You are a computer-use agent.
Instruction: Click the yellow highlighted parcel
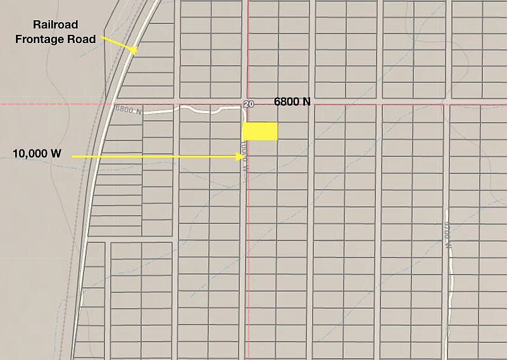pyautogui.click(x=260, y=131)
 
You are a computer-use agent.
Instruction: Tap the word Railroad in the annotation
pyautogui.click(x=55, y=25)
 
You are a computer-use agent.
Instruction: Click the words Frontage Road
pyautogui.click(x=65, y=39)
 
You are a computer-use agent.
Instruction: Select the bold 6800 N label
pyautogui.click(x=292, y=101)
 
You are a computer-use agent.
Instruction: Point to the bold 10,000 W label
pyautogui.click(x=37, y=153)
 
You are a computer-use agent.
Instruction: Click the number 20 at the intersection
pyautogui.click(x=248, y=103)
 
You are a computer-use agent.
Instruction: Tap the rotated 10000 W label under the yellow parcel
pyautogui.click(x=243, y=155)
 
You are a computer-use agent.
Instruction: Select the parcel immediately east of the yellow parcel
pyautogui.click(x=292, y=131)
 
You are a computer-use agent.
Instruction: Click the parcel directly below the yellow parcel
pyautogui.click(x=260, y=148)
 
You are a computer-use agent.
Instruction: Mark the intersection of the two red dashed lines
pyautogui.click(x=247, y=104)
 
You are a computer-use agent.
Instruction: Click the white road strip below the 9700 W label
pyautogui.click(x=451, y=285)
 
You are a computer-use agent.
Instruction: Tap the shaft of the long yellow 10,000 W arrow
pyautogui.click(x=152, y=156)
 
